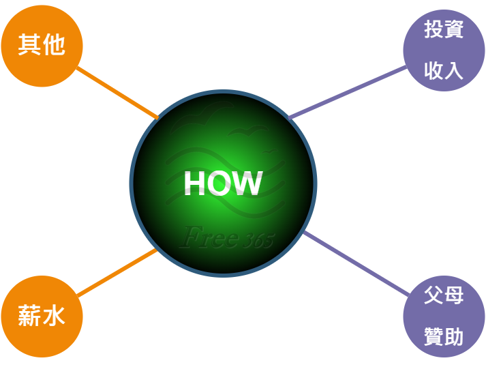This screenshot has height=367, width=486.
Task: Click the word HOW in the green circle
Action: (223, 183)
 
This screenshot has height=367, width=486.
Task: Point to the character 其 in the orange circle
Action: (29, 46)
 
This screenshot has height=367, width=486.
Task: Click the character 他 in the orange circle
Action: (54, 46)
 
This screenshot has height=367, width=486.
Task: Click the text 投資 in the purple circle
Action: (444, 31)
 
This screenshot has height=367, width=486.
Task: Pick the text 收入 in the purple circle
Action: (444, 70)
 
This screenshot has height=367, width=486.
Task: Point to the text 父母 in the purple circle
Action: (444, 296)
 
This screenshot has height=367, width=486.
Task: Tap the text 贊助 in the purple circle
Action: (444, 336)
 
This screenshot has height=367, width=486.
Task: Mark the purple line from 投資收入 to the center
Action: (348, 91)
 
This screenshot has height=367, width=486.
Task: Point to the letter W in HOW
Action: (247, 183)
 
